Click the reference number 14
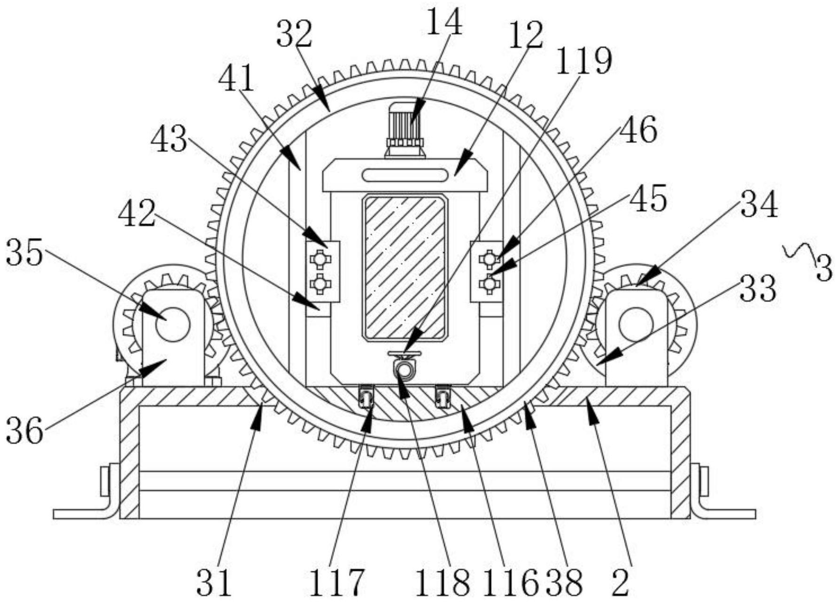point(444,21)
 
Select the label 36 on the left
point(25,431)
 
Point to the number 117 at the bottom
point(336,582)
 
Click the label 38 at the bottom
point(564,582)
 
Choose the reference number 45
point(648,198)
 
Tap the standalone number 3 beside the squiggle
point(824,268)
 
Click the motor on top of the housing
point(405,129)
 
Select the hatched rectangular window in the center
point(404,267)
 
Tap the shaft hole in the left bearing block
point(173,324)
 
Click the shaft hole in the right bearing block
point(636,324)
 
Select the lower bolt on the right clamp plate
point(489,284)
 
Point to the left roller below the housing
point(366,396)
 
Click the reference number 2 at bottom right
point(621,582)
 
